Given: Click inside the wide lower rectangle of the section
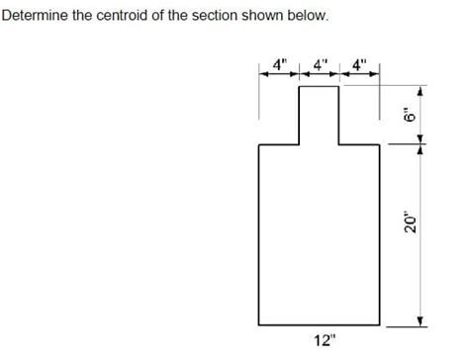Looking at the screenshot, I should pos(320,233).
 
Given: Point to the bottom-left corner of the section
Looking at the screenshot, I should pos(259,324).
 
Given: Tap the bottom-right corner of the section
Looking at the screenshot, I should pos(381,324).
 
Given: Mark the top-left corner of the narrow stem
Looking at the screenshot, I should pos(300,87).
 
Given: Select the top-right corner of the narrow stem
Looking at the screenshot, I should pos(340,87).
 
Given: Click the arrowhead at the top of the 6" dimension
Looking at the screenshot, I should pos(420,91).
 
